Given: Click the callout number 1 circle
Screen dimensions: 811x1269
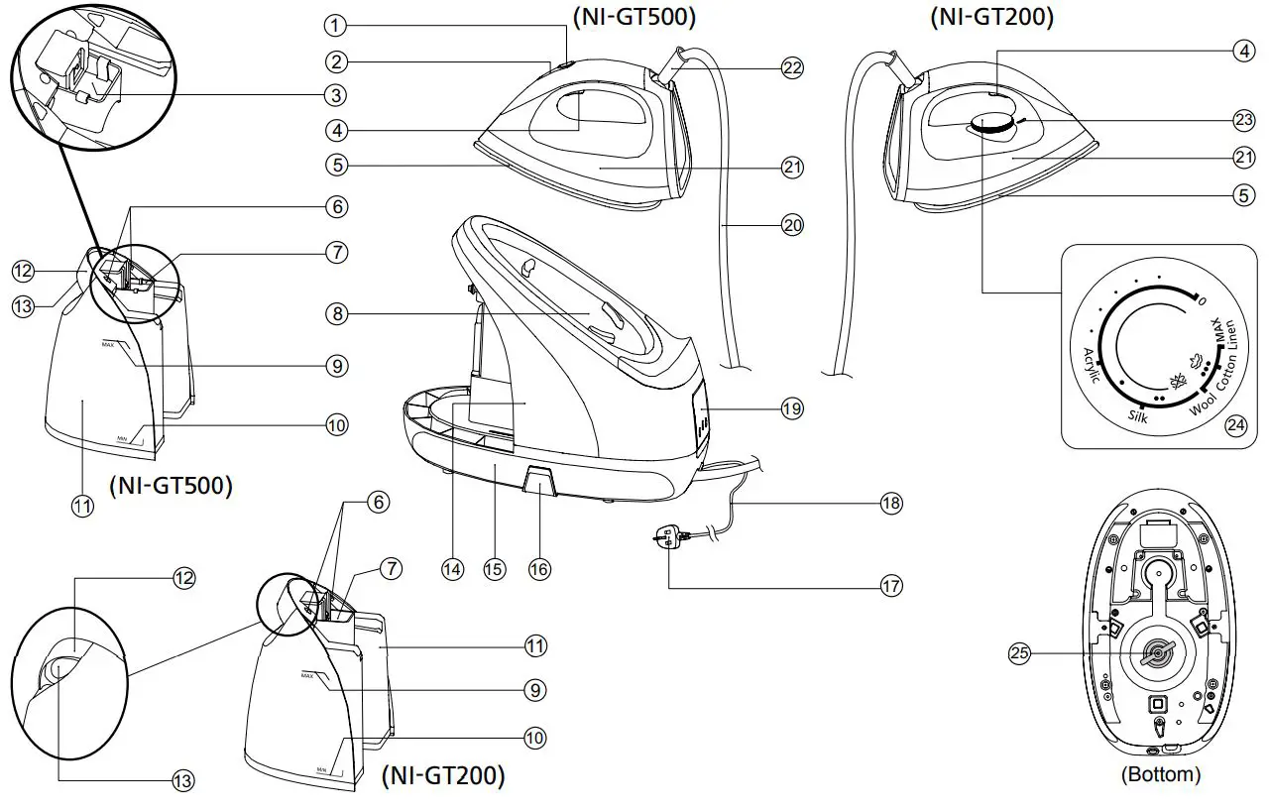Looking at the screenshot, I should pyautogui.click(x=337, y=25).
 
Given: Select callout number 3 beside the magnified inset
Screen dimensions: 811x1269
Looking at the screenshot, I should pyautogui.click(x=337, y=95).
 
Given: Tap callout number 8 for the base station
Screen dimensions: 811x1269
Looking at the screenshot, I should pyautogui.click(x=337, y=313).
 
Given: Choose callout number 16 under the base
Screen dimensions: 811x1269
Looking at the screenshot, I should pyautogui.click(x=540, y=569).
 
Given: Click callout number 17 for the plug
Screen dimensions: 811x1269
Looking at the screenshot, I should pyautogui.click(x=890, y=586).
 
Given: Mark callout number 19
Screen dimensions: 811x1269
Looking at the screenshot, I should pyautogui.click(x=791, y=407).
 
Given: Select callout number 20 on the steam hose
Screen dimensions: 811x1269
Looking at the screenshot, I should pyautogui.click(x=791, y=225).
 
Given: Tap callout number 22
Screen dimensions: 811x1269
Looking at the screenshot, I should pyautogui.click(x=791, y=67).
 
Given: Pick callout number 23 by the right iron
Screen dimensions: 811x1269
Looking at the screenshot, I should pyautogui.click(x=1243, y=119).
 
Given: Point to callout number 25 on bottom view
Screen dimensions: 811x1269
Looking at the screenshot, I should pyautogui.click(x=1019, y=652).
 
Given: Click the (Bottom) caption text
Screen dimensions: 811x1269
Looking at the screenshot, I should pyautogui.click(x=1160, y=774).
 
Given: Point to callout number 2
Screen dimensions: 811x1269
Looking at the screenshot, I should pyautogui.click(x=337, y=61).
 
